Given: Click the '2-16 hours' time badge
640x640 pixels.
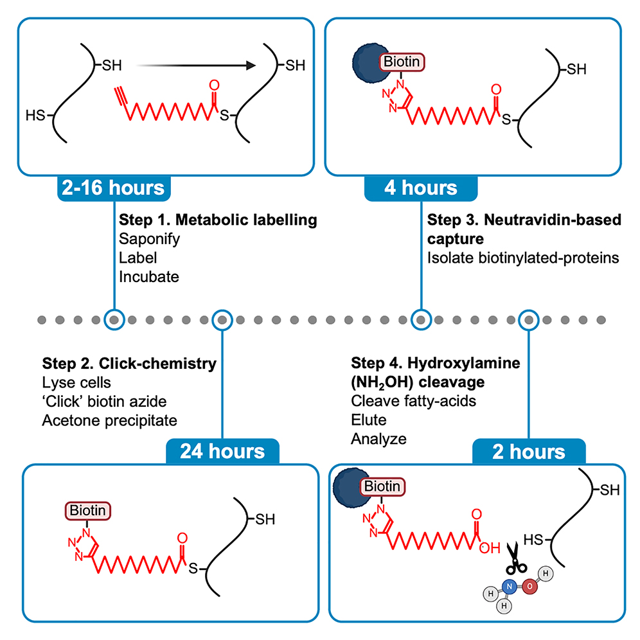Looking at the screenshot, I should [x=114, y=188].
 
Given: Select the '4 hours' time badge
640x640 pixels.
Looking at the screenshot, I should [x=421, y=188].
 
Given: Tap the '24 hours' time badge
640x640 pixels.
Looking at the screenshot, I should [x=222, y=451].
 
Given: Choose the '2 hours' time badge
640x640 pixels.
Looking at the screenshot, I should [x=529, y=451].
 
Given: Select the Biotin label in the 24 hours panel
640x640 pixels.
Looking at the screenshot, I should [x=87, y=511].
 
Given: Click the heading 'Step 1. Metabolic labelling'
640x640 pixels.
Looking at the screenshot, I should [x=218, y=220].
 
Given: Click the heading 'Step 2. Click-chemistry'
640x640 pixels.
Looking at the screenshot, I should [x=129, y=364].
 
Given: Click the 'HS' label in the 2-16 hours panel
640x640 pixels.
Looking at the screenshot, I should [x=35, y=116].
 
